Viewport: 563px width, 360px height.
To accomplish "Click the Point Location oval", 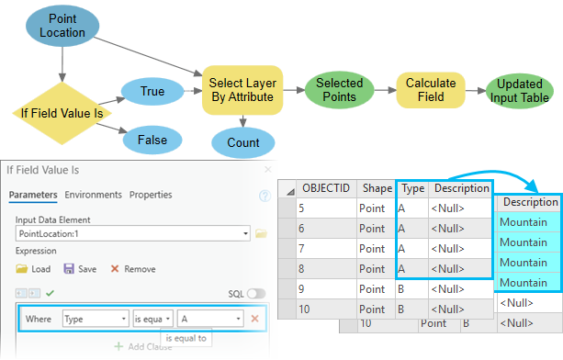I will point(62,25).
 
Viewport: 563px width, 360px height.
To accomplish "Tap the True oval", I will point(152,92).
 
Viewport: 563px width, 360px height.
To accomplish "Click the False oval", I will point(152,140).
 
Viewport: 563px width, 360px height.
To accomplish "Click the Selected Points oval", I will point(339,89).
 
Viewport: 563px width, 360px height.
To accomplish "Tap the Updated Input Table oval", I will point(519,89).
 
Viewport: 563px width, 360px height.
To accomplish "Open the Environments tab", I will point(93,195).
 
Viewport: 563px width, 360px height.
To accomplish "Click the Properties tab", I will point(152,195).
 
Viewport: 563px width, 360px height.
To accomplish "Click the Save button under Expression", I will point(81,269).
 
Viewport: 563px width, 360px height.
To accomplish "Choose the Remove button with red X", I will point(133,269).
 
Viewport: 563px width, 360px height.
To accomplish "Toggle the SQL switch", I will point(255,294).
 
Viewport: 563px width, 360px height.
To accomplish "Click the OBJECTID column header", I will point(326,187).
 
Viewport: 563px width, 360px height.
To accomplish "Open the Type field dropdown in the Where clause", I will point(96,319).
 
